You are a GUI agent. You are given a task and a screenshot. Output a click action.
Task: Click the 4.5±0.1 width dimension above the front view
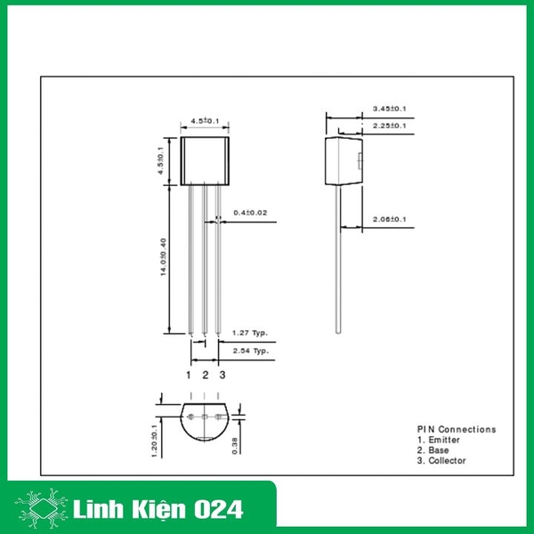[x=205, y=121]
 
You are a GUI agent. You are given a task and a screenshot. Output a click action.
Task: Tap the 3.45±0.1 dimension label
[x=389, y=109]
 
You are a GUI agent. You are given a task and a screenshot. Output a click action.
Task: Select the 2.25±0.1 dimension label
[x=389, y=125]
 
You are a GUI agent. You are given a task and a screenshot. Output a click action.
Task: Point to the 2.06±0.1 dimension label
[x=389, y=219]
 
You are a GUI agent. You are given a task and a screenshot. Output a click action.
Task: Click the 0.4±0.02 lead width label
[x=250, y=213]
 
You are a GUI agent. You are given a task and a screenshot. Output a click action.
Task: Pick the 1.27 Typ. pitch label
[x=250, y=333]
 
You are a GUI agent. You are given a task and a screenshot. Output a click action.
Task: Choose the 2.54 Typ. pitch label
[x=250, y=352]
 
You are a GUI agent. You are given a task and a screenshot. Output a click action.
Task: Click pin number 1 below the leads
[x=189, y=375]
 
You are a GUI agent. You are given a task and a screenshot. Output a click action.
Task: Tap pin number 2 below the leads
[x=206, y=375]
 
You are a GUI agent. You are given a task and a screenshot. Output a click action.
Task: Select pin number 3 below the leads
[x=222, y=375]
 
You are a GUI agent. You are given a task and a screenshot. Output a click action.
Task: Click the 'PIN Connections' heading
[x=457, y=429]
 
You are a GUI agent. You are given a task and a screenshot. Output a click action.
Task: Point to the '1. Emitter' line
[x=439, y=440]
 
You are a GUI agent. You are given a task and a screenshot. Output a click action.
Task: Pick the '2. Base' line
[x=433, y=450]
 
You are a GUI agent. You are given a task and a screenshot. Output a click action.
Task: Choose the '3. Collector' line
[x=441, y=461]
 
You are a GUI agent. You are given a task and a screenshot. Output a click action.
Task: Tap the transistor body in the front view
[x=206, y=161]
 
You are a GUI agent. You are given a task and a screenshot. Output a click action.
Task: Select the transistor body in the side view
[x=344, y=160]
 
